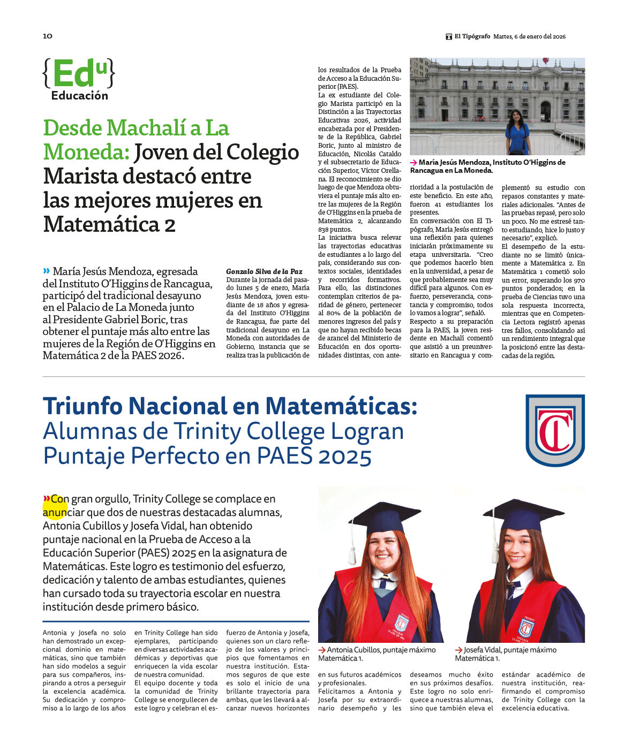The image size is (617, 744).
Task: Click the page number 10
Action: coord(48,36)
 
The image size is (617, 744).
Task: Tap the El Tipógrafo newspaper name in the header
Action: coord(472,36)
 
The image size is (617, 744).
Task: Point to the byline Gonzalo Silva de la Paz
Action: coord(264,271)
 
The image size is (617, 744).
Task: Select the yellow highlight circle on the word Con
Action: coord(55,506)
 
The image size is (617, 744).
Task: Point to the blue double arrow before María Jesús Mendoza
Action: coord(47,271)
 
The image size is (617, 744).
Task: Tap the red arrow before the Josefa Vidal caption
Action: coord(459,650)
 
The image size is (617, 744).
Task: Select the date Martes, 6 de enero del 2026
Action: coord(529,36)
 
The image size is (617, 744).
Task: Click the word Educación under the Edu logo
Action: coord(79,96)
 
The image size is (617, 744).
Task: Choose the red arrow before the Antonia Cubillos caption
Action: coord(322,650)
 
